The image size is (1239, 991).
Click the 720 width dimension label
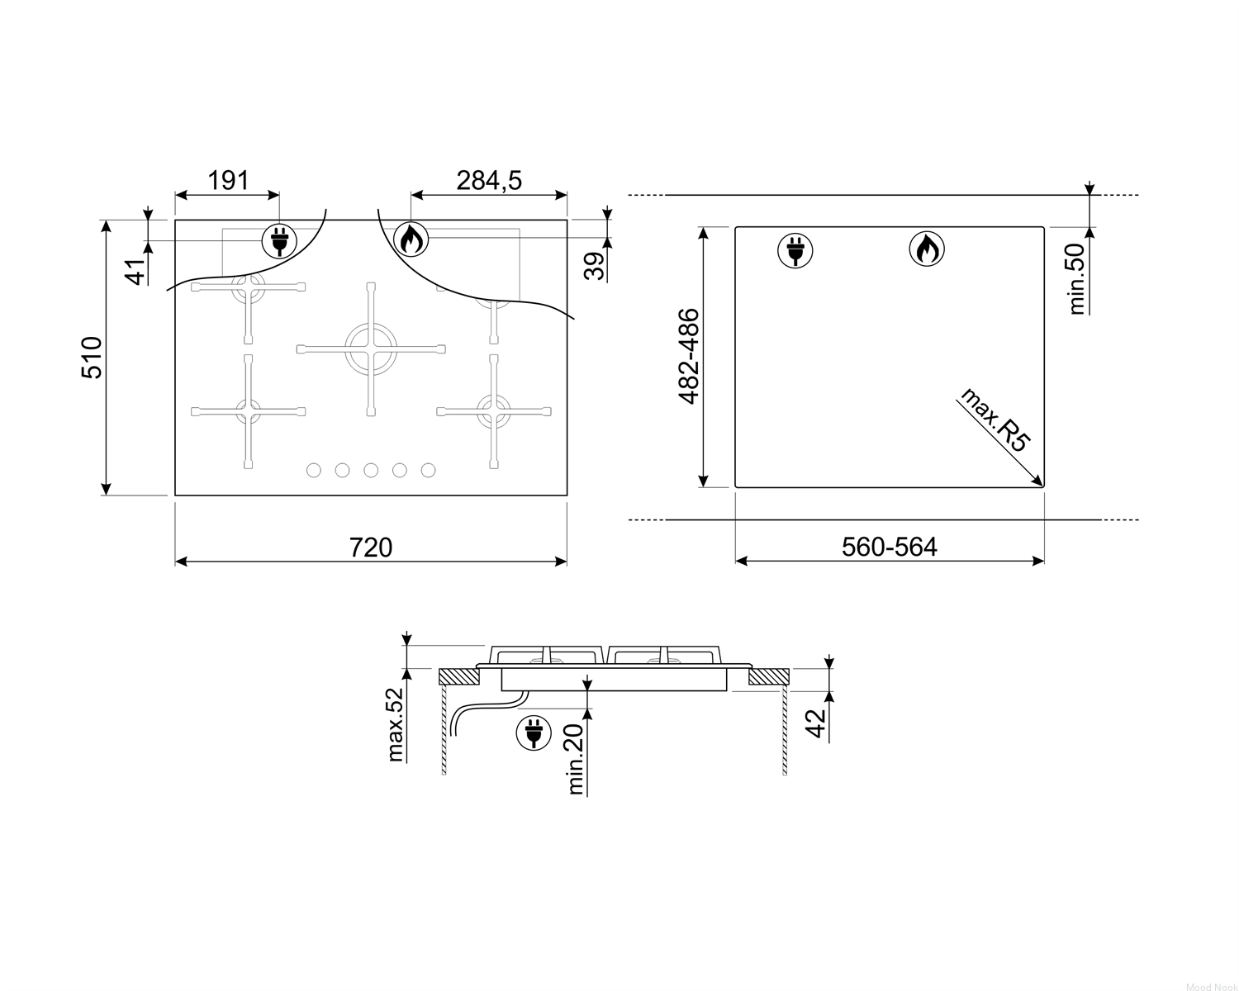(x=371, y=547)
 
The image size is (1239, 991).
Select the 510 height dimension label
(x=93, y=358)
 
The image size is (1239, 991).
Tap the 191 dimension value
(x=228, y=180)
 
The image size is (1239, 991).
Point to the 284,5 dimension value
(x=489, y=180)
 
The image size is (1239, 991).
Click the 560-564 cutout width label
(x=890, y=547)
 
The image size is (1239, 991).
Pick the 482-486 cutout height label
(x=689, y=357)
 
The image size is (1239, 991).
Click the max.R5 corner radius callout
(x=995, y=420)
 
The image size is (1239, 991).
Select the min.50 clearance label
(x=1076, y=278)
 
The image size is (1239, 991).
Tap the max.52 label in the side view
(x=396, y=724)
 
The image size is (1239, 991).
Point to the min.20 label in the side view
(x=576, y=760)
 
